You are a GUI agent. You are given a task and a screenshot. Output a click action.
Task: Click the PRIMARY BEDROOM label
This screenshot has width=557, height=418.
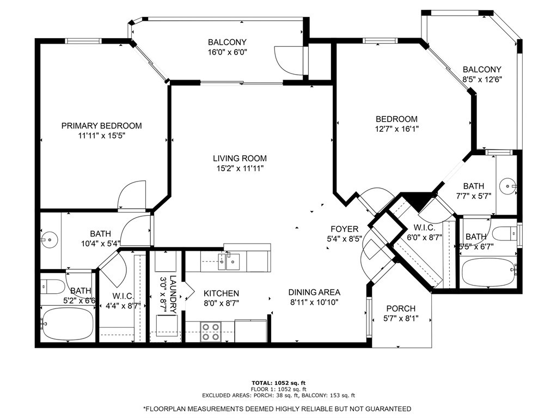tap(102, 125)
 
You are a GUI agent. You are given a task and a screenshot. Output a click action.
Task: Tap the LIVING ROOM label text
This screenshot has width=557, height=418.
tap(240, 158)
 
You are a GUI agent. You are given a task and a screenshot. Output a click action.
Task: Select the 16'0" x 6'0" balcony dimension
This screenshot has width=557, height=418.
tap(228, 52)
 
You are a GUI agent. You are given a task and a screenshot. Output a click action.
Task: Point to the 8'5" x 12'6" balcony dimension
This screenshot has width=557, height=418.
tap(482, 79)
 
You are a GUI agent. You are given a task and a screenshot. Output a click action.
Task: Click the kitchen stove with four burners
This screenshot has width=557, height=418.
tap(210, 332)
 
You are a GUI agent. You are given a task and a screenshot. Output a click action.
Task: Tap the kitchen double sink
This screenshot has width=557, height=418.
tap(229, 262)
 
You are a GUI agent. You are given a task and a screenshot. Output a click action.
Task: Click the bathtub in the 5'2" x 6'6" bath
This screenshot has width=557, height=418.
tap(67, 324)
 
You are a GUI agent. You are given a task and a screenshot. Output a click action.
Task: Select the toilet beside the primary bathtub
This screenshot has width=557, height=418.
tap(52, 287)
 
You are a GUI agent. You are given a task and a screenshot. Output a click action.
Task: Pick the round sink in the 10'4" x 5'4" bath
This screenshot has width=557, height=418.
tap(48, 239)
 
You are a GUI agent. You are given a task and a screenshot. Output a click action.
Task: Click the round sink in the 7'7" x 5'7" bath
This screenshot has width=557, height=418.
tap(508, 186)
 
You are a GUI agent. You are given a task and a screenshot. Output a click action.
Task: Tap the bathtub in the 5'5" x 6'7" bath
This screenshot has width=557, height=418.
tap(488, 272)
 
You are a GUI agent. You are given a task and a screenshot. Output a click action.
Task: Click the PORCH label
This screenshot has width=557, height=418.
tap(401, 308)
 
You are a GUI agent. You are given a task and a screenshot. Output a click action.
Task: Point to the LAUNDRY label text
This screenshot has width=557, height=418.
tap(173, 295)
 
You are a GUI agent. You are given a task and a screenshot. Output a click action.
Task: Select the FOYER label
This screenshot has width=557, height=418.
tap(345, 229)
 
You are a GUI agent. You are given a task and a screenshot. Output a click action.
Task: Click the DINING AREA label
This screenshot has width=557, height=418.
tap(314, 292)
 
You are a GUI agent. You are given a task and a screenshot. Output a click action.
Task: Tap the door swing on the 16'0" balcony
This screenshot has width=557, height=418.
tap(289, 60)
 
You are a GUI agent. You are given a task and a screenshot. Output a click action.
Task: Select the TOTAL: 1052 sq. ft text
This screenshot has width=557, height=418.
tap(279, 383)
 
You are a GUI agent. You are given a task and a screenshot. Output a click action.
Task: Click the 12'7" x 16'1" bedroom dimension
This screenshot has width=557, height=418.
tap(397, 129)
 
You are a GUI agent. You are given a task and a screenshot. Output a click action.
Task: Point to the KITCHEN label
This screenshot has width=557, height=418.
tap(221, 293)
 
